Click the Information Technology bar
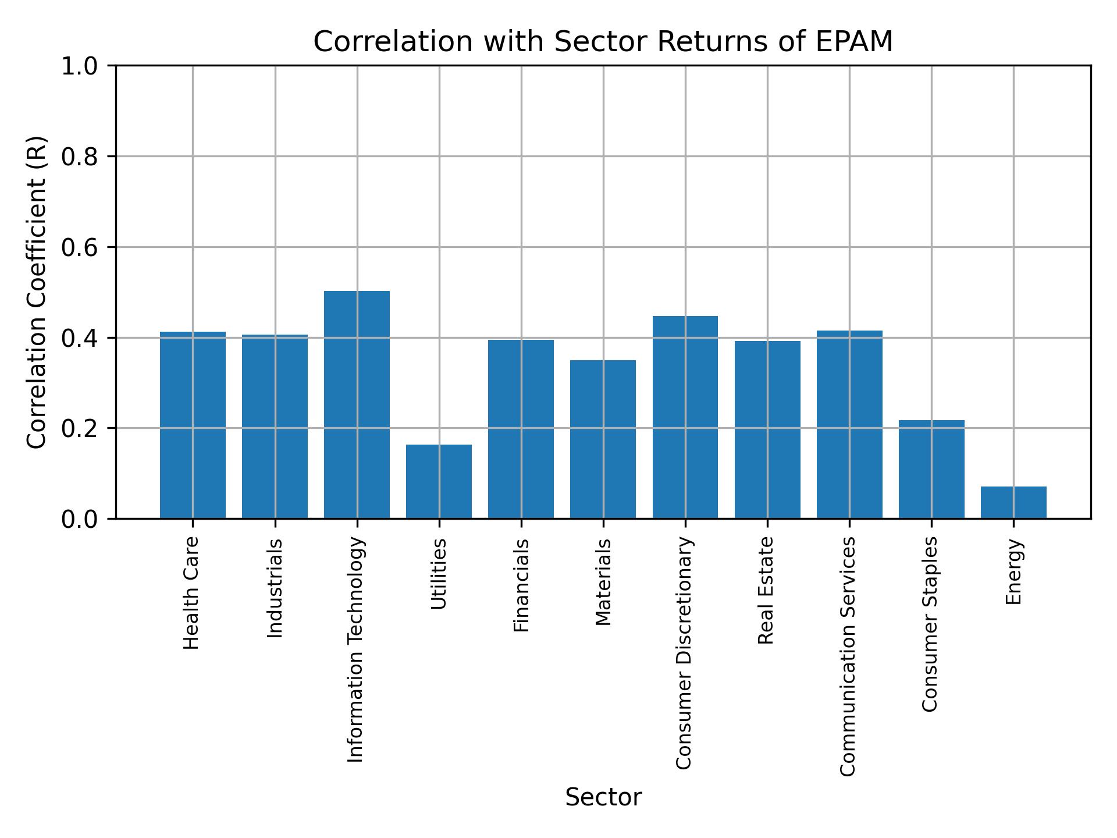click(x=357, y=404)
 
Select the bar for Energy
click(x=1013, y=502)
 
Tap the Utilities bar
click(x=439, y=481)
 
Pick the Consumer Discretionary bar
click(x=685, y=417)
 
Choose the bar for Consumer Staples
click(x=931, y=469)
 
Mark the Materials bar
click(x=603, y=439)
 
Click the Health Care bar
click(x=193, y=425)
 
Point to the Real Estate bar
click(x=767, y=429)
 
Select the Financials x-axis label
click(x=521, y=585)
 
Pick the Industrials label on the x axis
click(x=275, y=588)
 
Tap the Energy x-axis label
click(x=1014, y=572)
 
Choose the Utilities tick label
click(x=439, y=574)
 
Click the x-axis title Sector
click(x=603, y=797)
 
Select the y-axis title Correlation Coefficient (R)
click(x=37, y=292)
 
